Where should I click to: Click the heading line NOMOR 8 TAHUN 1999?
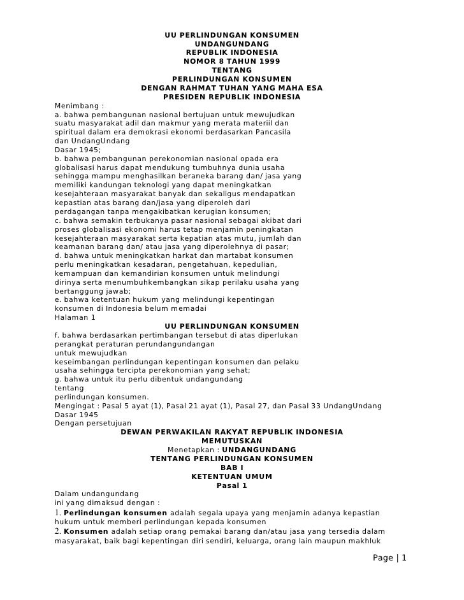click(231, 61)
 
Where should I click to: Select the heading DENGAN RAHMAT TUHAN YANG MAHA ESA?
click(231, 88)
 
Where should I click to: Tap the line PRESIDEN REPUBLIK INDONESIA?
click(231, 97)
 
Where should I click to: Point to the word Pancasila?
click(270, 132)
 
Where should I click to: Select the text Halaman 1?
click(75, 317)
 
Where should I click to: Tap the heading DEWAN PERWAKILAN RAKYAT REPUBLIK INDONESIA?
click(231, 432)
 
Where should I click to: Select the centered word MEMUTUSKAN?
click(231, 441)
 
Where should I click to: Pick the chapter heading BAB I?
click(231, 468)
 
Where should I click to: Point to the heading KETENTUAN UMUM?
click(231, 476)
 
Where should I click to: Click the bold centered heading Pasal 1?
click(231, 485)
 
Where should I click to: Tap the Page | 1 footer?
click(389, 559)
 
